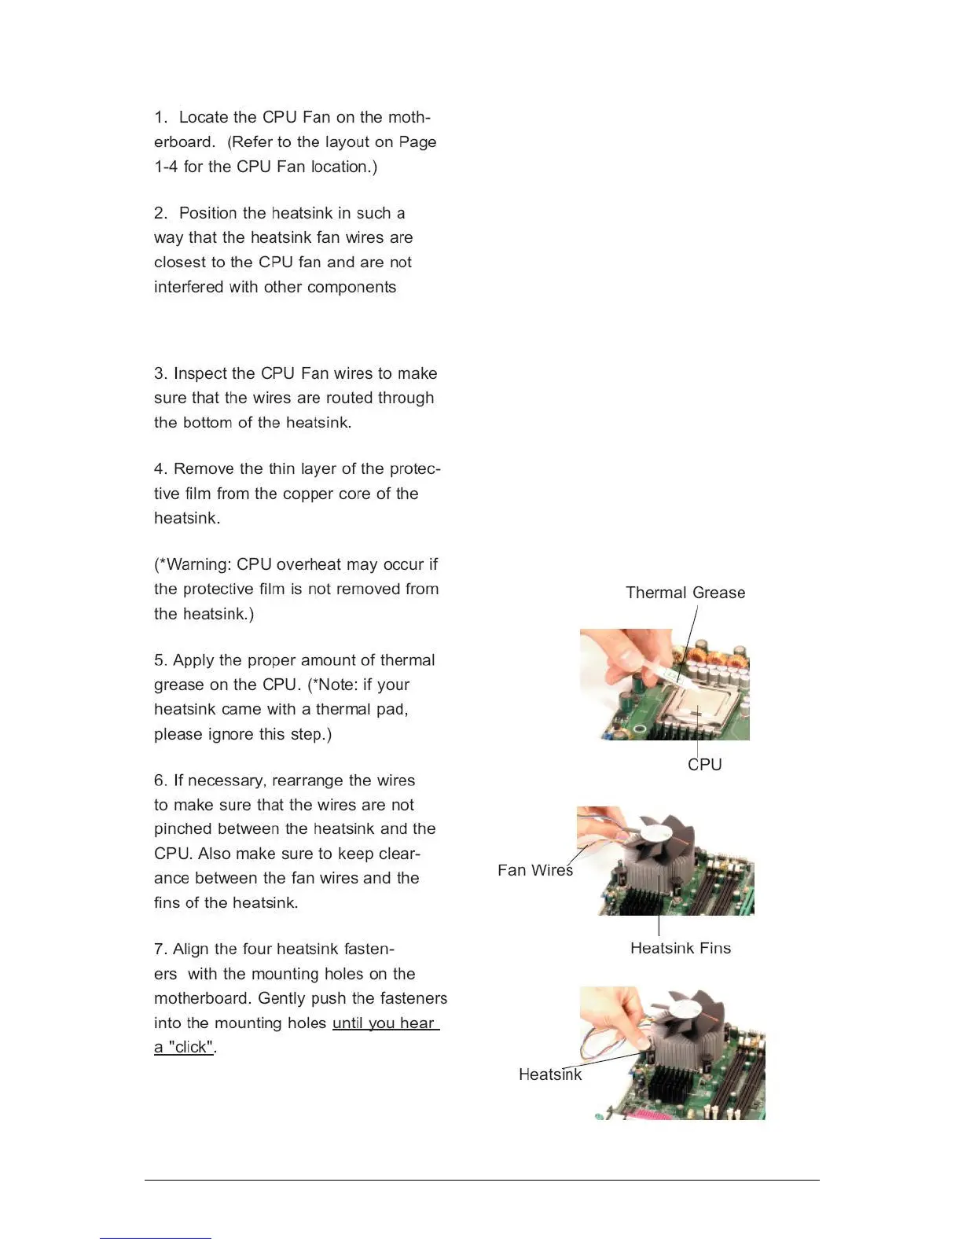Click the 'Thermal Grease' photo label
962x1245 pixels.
tap(685, 593)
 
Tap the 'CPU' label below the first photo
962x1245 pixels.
tap(704, 765)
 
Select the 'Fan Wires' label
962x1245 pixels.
tap(534, 870)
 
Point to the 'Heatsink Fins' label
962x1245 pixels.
tap(680, 948)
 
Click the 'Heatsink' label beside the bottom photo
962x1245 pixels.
tap(549, 1074)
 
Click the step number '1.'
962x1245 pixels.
tap(161, 117)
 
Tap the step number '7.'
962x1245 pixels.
tap(160, 949)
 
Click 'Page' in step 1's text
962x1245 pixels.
tap(417, 142)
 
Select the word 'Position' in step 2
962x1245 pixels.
tap(208, 213)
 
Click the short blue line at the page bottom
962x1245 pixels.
tap(156, 1238)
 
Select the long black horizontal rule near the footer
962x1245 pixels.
tap(481, 1180)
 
